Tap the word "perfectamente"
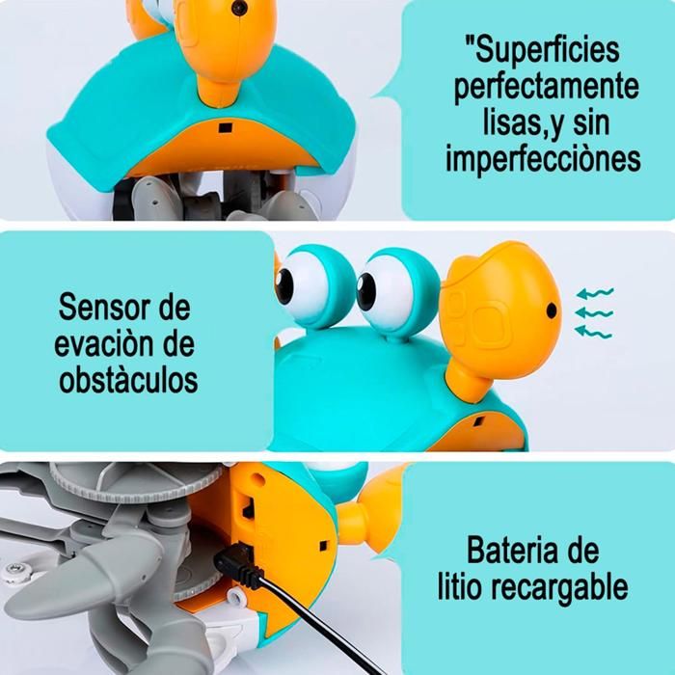coord(546,87)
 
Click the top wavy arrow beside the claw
coord(595,292)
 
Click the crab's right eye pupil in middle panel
coord(366,285)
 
